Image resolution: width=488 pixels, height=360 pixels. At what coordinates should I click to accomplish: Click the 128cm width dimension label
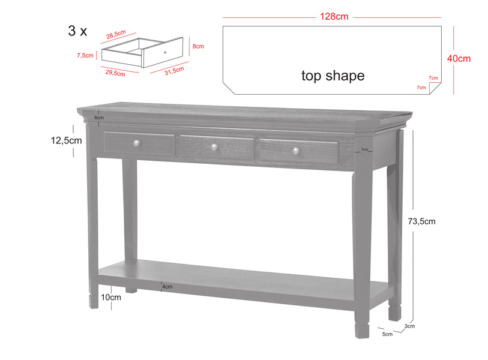point(333,17)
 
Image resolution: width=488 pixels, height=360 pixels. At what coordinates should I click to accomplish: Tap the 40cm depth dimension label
point(459,58)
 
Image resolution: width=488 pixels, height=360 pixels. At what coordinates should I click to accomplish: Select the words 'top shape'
point(333,76)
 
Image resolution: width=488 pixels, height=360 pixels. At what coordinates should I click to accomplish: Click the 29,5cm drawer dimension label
point(115,73)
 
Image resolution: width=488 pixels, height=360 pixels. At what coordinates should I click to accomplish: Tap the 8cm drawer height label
point(198,46)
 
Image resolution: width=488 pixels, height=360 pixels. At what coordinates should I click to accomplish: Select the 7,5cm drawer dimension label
point(85,55)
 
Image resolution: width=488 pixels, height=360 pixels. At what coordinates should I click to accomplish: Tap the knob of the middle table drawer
point(214,146)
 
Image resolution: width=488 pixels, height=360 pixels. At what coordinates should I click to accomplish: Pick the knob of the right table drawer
point(295,151)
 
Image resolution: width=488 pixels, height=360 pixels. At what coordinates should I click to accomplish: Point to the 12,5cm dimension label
point(66,140)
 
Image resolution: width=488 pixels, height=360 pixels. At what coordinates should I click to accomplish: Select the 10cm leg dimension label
point(111,297)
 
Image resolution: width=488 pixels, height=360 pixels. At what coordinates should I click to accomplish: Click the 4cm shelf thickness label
point(167,287)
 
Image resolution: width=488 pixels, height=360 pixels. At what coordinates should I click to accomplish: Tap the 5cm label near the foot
point(387,334)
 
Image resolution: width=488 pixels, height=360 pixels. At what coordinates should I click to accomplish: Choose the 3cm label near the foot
point(410,326)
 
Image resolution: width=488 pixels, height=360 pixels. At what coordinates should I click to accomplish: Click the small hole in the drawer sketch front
point(165,53)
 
